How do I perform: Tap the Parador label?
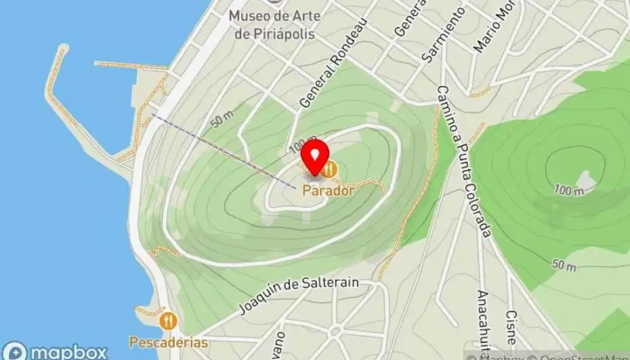(x=328, y=190)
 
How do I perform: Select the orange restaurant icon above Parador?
(x=331, y=168)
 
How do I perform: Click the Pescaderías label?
(x=167, y=343)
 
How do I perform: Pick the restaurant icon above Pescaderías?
(x=167, y=320)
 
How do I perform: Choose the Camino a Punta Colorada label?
(x=465, y=162)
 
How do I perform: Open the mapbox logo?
(x=56, y=351)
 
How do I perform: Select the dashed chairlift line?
(x=224, y=148)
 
